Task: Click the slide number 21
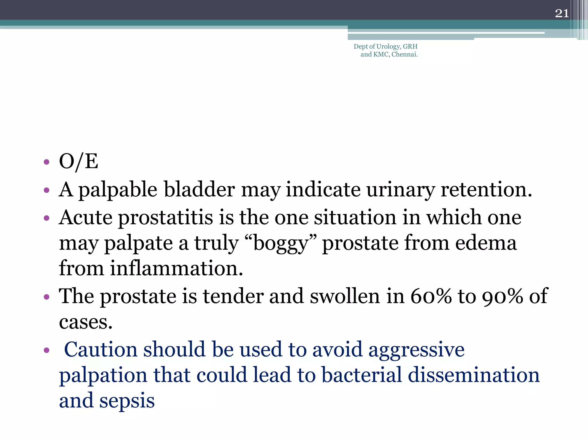coord(562,13)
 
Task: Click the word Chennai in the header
coord(404,55)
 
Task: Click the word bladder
coord(199,190)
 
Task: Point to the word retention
coord(486,190)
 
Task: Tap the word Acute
coord(86,217)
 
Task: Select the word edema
coord(486,243)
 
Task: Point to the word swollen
coord(345,296)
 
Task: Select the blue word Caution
coord(100,350)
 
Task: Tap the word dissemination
coord(473,375)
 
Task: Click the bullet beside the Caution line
coord(47,351)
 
